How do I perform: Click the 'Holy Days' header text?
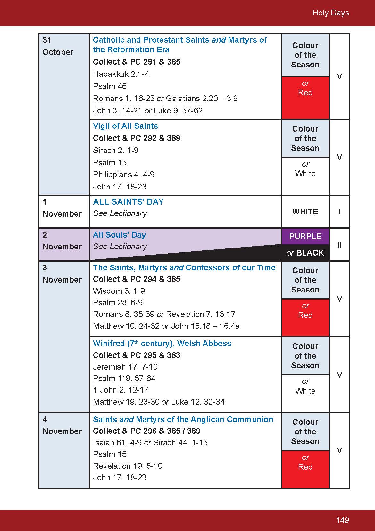coord(330,13)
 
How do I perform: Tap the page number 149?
coord(342,520)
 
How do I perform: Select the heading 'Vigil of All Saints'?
coord(125,126)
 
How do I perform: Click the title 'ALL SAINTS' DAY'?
coord(128,202)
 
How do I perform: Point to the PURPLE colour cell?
coord(305,236)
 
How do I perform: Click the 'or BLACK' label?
coord(305,253)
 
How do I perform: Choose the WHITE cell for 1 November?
coord(305,212)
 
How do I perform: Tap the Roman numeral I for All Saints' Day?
coord(339,212)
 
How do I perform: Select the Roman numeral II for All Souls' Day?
coord(339,245)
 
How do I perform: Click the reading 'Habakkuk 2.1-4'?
coord(121,74)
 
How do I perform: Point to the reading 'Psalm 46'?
coord(110,86)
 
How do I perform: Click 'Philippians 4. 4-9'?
coord(124,175)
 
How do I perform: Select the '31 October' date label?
coord(58,46)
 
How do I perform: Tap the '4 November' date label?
coord(62,425)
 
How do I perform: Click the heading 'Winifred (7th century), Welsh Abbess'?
coord(162,344)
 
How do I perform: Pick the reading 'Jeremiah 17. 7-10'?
coord(125,367)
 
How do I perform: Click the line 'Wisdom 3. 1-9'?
coord(119,291)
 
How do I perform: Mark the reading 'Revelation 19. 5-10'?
coord(128,466)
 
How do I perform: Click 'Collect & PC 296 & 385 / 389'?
coord(146,431)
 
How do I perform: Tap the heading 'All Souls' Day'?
coord(119,235)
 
